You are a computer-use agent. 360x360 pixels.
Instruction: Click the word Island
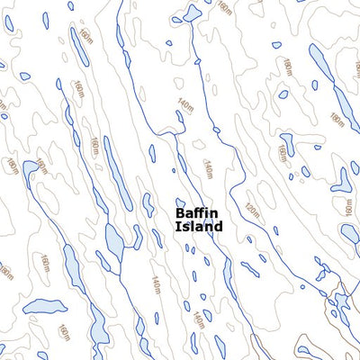point(199,228)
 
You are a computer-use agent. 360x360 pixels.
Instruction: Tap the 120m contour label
point(251,213)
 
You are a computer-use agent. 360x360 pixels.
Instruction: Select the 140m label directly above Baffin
point(208,167)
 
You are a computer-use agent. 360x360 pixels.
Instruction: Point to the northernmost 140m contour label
point(185,105)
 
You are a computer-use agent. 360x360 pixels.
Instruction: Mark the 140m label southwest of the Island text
point(155,285)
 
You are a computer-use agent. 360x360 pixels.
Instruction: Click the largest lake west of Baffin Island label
point(114,238)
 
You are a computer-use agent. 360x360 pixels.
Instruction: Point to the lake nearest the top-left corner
point(9,23)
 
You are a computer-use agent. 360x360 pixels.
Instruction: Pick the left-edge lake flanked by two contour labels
point(31,168)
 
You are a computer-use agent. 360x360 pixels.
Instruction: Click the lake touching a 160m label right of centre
point(286,144)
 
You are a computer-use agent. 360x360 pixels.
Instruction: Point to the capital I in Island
point(177,228)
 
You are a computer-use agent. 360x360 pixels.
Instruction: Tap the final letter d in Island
point(218,228)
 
